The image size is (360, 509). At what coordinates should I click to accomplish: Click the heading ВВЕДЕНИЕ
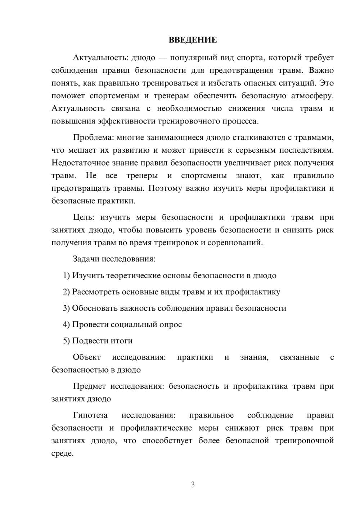click(193, 40)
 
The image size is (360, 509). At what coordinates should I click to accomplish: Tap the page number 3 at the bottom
click(193, 485)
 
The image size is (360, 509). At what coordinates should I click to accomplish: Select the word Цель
click(84, 217)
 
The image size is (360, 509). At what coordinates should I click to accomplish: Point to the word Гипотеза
click(90, 415)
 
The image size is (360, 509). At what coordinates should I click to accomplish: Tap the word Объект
click(87, 357)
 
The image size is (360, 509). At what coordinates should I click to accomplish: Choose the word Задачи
click(86, 259)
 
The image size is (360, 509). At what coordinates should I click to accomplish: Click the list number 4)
click(66, 324)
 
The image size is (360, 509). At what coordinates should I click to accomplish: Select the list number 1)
click(66, 276)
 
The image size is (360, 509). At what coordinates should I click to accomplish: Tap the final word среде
click(63, 454)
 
